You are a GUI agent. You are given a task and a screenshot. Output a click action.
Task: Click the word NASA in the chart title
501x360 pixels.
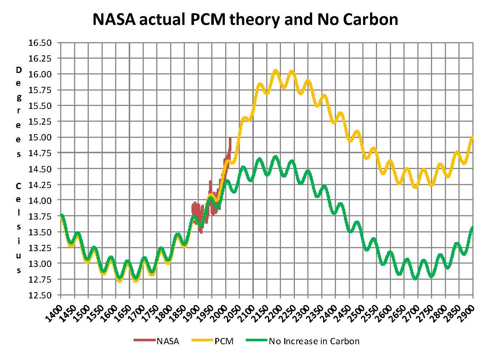(x=114, y=19)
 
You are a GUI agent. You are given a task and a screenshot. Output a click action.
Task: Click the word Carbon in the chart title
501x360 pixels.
(x=370, y=19)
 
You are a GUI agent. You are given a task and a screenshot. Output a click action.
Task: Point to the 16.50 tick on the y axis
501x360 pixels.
(x=40, y=43)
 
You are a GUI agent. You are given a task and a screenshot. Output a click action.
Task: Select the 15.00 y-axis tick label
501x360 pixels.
(x=40, y=137)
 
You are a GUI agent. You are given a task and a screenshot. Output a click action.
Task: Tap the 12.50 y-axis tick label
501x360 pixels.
(x=40, y=295)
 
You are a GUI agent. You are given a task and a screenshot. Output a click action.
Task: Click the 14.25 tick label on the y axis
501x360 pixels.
(x=40, y=185)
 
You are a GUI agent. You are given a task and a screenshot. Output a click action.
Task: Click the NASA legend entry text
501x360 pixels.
(x=168, y=341)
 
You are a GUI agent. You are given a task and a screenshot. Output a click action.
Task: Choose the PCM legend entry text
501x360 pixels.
(x=224, y=341)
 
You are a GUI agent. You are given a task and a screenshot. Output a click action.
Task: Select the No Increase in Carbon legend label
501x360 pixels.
(x=314, y=341)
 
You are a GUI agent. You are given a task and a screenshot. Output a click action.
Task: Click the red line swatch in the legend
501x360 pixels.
(x=144, y=341)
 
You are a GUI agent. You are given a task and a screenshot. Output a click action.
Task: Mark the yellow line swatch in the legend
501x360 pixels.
(x=202, y=341)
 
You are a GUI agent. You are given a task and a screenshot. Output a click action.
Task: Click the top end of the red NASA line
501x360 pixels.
(x=230, y=139)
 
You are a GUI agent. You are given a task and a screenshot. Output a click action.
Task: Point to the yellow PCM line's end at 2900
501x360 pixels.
(x=472, y=136)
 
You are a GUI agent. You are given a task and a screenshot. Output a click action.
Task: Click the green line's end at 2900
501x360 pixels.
(x=472, y=228)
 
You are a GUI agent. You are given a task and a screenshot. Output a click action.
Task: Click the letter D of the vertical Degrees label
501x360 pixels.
(x=18, y=70)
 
